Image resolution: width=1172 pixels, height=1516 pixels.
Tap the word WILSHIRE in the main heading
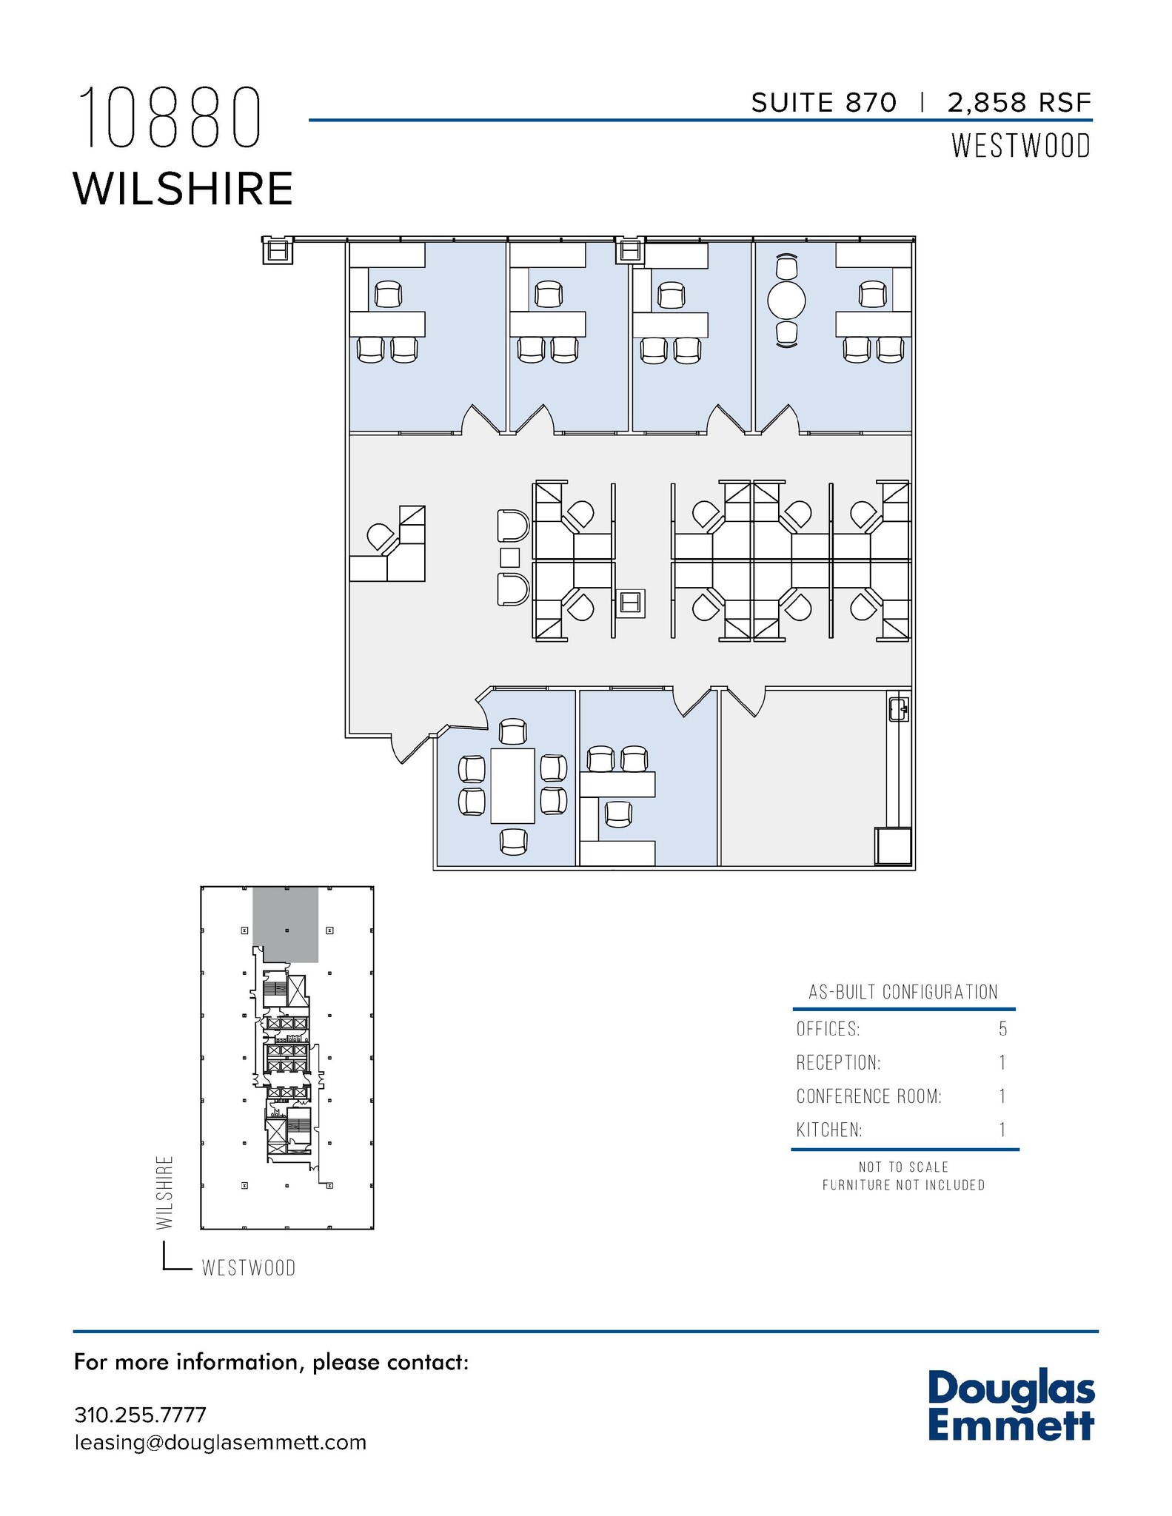point(183,189)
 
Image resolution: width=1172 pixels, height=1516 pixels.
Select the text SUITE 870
point(823,103)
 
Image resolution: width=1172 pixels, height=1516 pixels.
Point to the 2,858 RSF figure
point(1019,103)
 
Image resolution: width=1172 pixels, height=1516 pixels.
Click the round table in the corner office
point(786,301)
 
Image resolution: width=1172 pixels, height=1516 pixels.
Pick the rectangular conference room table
point(512,785)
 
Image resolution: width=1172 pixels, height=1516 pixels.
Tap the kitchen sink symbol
point(898,708)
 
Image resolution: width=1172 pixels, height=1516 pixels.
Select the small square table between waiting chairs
point(510,556)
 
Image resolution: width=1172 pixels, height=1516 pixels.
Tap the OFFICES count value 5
point(1002,1029)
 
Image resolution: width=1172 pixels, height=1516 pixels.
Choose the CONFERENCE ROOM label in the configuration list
point(868,1096)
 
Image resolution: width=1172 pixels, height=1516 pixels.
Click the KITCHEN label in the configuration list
point(829,1130)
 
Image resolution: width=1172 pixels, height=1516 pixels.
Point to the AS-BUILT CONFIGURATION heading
point(903,992)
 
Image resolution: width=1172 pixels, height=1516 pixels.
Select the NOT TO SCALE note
point(903,1167)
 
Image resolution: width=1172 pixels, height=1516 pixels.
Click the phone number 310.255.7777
point(140,1415)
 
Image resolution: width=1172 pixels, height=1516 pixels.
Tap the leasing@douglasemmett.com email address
point(220,1443)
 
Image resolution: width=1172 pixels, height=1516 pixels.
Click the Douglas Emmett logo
point(1011,1406)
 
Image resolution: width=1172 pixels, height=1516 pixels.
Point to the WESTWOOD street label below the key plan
point(249,1268)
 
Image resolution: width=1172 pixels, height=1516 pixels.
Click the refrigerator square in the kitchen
point(893,846)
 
